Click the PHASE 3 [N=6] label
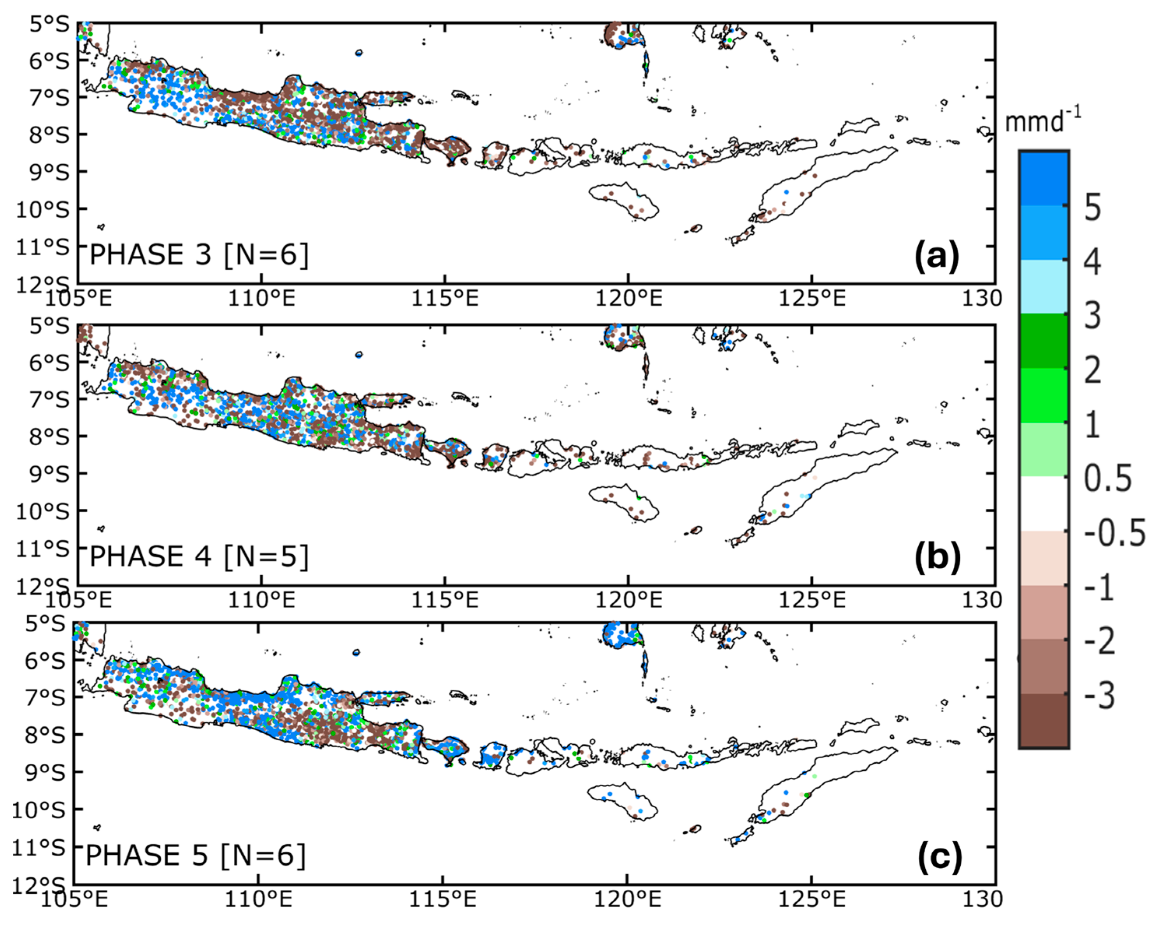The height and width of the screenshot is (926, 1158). point(199,255)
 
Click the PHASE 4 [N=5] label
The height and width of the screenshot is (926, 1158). point(199,556)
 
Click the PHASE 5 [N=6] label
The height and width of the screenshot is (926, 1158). point(195,855)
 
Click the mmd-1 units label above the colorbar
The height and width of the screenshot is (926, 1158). point(1042,121)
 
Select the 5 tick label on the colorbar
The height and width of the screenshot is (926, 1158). point(1093,207)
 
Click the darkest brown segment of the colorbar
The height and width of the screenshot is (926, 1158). point(1044,720)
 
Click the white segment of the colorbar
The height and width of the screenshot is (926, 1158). point(1044,504)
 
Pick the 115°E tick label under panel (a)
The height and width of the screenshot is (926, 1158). point(445,298)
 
